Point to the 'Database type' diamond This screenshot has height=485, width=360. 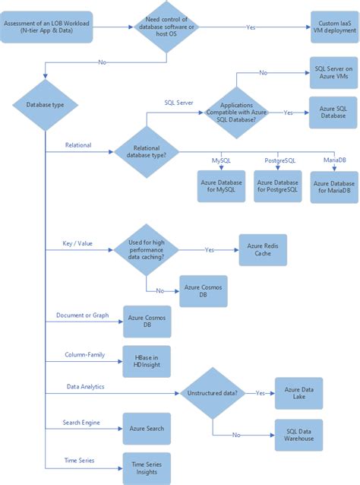point(45,104)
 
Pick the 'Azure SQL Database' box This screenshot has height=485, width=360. point(332,112)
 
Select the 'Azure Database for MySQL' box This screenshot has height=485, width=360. point(221,186)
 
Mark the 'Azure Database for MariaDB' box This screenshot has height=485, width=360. point(335,187)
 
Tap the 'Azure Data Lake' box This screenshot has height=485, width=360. point(298,394)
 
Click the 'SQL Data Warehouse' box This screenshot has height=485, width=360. point(298,434)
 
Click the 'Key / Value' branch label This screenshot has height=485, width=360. point(77,244)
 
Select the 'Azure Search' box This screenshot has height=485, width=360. point(147,429)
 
